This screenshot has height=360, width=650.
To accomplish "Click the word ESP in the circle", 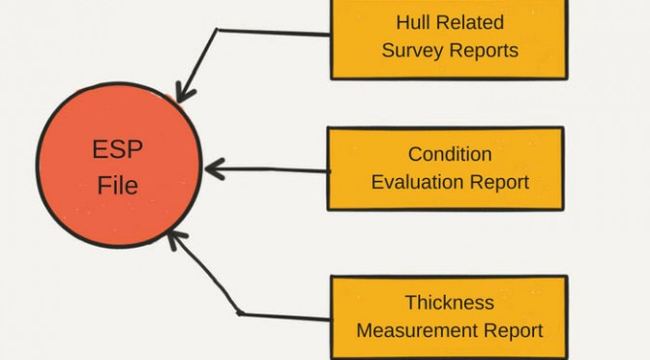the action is (117, 149).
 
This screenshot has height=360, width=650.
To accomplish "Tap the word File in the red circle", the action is (118, 185).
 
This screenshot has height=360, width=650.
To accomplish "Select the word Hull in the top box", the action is (409, 22).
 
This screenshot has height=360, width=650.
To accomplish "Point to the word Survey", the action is (412, 51).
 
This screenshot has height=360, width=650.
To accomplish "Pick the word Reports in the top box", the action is (484, 50).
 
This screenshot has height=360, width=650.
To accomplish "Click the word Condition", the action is (450, 154).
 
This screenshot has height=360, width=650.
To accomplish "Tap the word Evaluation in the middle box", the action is (418, 182).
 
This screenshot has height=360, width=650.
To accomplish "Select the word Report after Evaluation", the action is (499, 183).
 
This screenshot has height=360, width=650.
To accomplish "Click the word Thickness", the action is (450, 302).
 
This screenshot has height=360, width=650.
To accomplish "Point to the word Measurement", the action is (417, 331).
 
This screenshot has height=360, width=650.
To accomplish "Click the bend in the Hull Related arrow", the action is (217, 29).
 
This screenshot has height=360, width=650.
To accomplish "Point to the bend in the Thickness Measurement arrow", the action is (239, 314).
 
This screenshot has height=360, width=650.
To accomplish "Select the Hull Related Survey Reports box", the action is (450, 39).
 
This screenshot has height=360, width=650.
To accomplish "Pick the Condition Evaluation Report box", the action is (446, 168).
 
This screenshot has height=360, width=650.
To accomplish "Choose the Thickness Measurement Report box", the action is (450, 317).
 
